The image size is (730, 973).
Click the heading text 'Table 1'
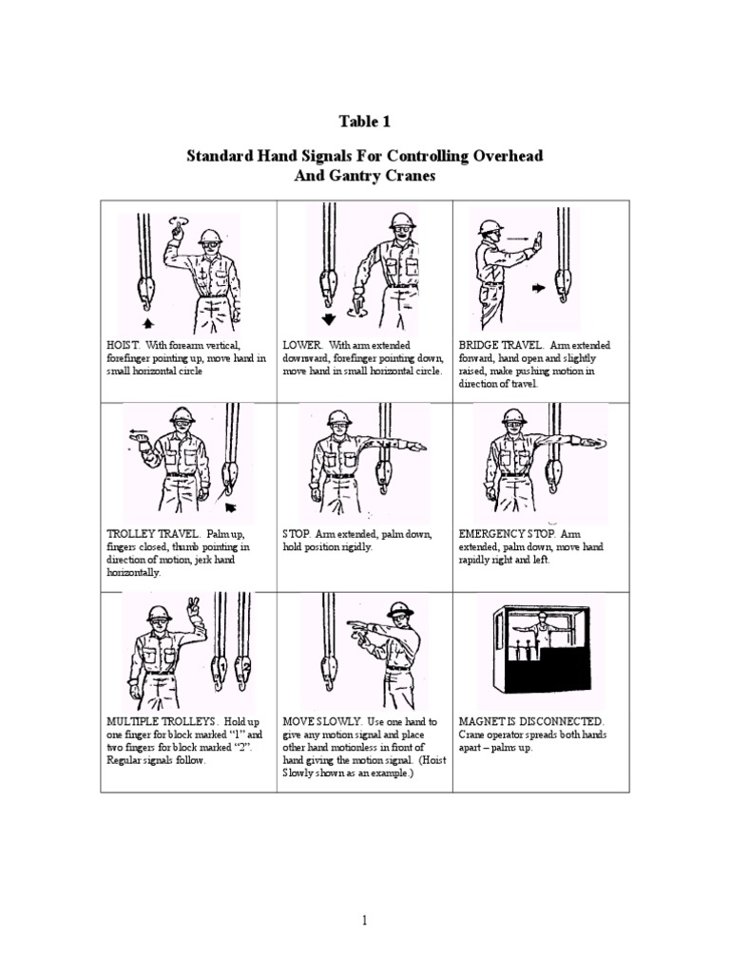click(x=365, y=122)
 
